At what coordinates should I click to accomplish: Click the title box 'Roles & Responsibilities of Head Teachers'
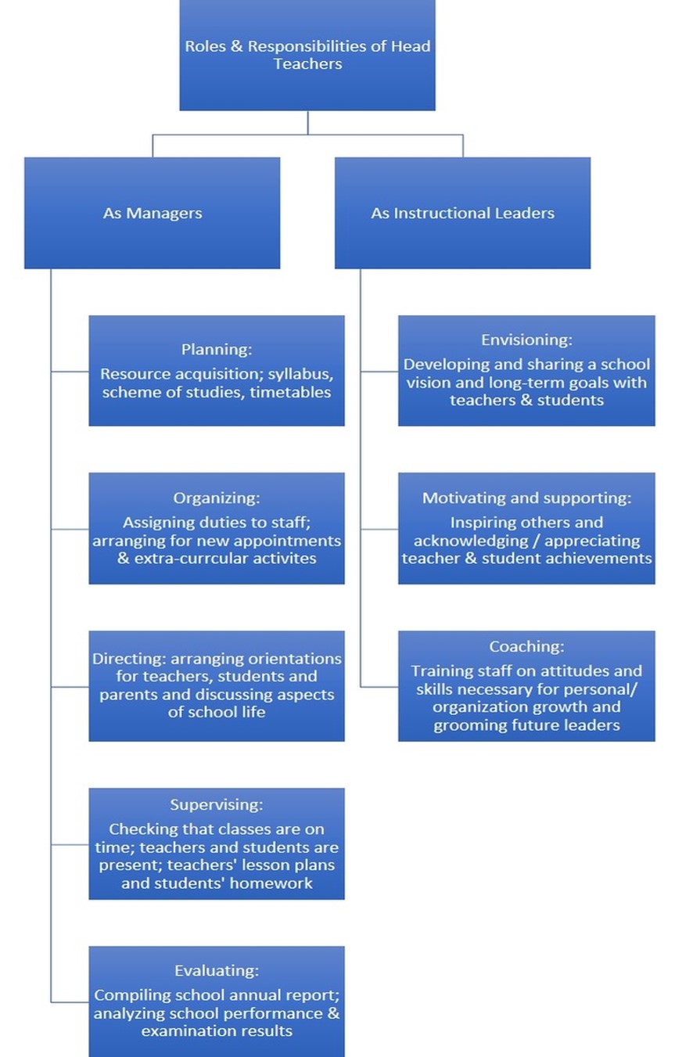(307, 55)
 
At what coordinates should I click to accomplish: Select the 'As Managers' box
(152, 213)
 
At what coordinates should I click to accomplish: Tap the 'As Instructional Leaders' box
(462, 213)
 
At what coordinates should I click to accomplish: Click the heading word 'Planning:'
(217, 349)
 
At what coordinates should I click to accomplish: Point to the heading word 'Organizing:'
(217, 498)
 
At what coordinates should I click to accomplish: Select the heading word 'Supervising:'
(217, 804)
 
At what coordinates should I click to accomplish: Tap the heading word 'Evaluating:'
(217, 971)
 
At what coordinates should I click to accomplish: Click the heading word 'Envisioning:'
(526, 340)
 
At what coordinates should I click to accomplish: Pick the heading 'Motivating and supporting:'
(526, 498)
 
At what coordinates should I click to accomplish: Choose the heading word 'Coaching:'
(526, 646)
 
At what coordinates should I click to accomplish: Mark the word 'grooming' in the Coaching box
(466, 725)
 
